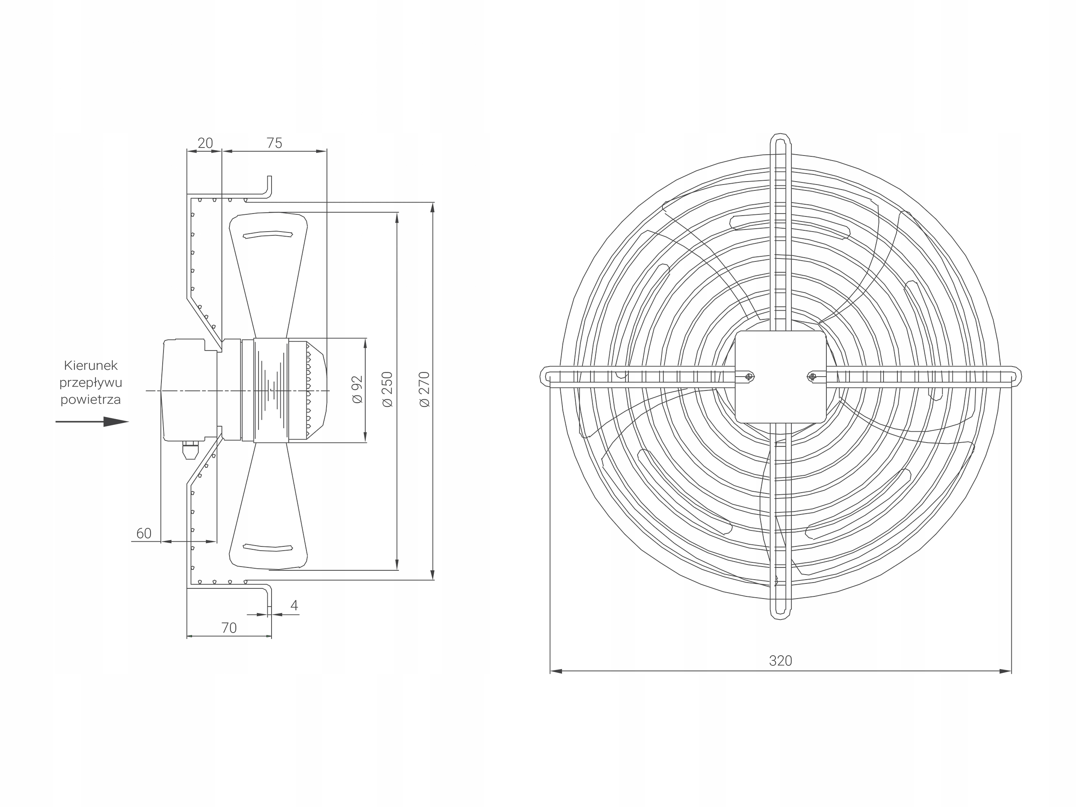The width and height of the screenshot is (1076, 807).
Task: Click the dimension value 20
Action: (205, 143)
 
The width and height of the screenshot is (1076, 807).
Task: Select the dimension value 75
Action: (274, 143)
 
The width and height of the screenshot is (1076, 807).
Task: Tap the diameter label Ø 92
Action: (358, 390)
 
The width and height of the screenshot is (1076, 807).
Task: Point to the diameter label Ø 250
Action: (387, 390)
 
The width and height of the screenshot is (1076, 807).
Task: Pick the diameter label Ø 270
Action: (424, 390)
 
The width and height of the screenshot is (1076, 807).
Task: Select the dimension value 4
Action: (294, 606)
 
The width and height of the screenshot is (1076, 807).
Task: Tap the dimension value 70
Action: (229, 628)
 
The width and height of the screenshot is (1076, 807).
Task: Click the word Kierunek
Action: (91, 365)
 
